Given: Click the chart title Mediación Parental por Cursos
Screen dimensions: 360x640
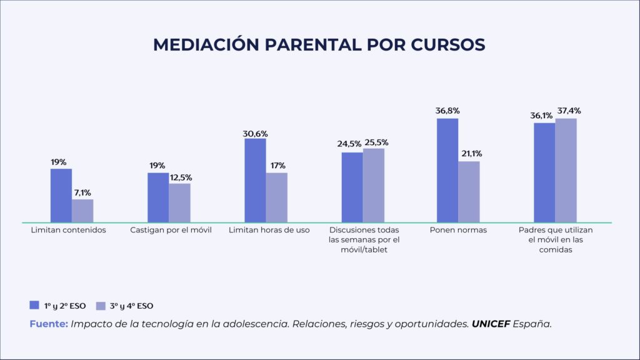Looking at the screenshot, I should pyautogui.click(x=319, y=45).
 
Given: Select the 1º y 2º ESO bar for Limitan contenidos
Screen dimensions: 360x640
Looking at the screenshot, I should pyautogui.click(x=61, y=196).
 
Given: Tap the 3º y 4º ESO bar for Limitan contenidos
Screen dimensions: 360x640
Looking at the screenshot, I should pyautogui.click(x=82, y=211).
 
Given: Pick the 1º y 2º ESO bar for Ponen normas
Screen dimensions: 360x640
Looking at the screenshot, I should pyautogui.click(x=447, y=170).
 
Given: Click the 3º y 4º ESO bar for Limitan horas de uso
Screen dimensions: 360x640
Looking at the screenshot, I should pyautogui.click(x=276, y=197).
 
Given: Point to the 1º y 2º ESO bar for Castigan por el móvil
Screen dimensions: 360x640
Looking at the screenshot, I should pyautogui.click(x=158, y=197).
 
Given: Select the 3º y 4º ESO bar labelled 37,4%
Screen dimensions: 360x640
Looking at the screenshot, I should pyautogui.click(x=566, y=170).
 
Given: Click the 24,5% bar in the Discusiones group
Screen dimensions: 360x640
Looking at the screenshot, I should pyautogui.click(x=352, y=187).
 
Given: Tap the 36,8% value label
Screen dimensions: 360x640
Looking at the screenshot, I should pyautogui.click(x=447, y=111).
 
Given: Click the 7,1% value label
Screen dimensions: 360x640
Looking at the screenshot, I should pyautogui.click(x=82, y=192).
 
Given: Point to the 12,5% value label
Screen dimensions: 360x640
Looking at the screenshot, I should pyautogui.click(x=179, y=176).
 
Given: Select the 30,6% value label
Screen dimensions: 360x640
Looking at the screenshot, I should pyautogui.click(x=255, y=132).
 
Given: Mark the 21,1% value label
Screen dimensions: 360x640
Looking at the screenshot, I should pyautogui.click(x=469, y=154).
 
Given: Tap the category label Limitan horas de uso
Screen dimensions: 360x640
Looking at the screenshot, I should pyautogui.click(x=269, y=230).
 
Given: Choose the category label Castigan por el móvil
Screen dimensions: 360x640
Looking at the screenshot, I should pyautogui.click(x=171, y=230).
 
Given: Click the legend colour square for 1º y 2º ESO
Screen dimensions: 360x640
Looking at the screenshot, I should pyautogui.click(x=34, y=305).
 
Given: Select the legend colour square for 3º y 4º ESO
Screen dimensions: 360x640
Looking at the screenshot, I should pyautogui.click(x=100, y=305).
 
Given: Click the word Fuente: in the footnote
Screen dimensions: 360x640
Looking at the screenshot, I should pyautogui.click(x=48, y=324).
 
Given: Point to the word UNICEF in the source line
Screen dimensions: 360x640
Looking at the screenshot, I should pyautogui.click(x=491, y=324).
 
